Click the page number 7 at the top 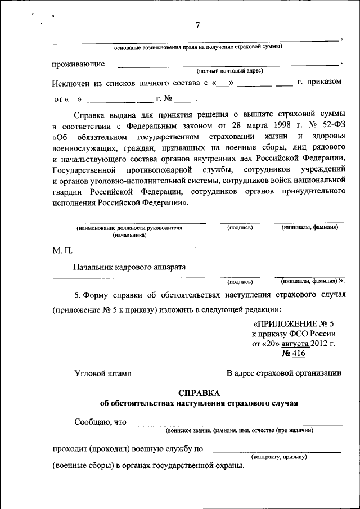click(198, 25)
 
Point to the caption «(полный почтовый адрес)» click(229, 71)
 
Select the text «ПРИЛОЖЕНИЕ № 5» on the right click(294, 325)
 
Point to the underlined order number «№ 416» click(293, 353)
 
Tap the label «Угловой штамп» click(102, 373)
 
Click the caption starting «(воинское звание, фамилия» click(239, 430)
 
